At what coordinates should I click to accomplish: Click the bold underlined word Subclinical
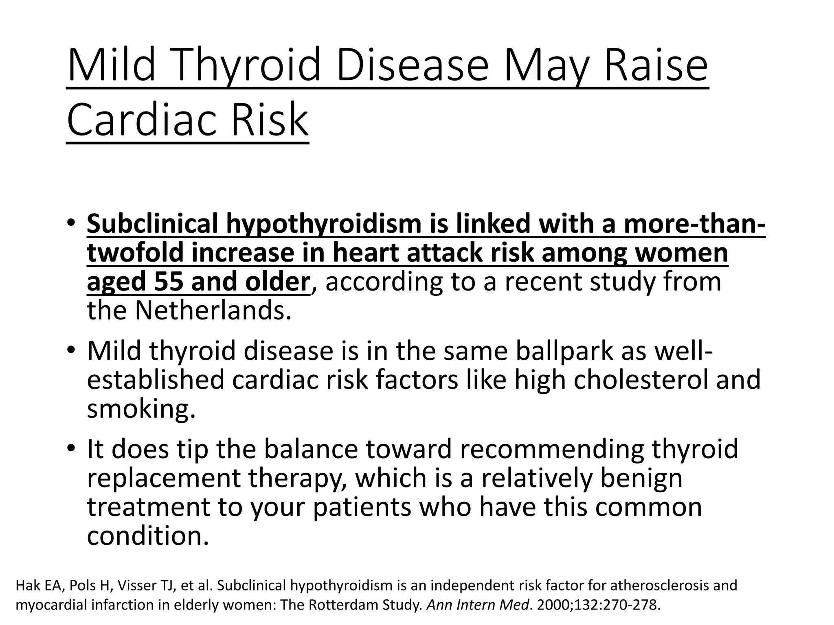click(152, 224)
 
